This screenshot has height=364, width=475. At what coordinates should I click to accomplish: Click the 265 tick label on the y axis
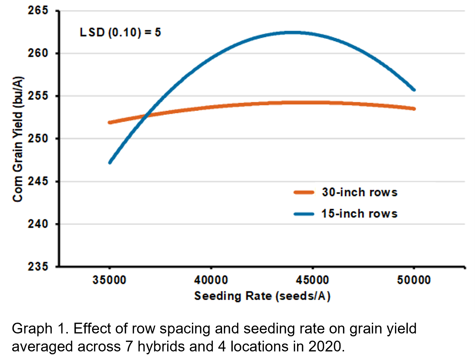coord(38,10)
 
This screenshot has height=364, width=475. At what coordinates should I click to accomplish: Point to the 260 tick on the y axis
coord(38,53)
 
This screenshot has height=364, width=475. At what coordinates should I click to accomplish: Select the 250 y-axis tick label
coord(38,138)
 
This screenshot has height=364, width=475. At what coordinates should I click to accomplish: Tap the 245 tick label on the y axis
coord(38,181)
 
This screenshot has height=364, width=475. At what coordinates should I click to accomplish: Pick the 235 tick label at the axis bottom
coord(38,266)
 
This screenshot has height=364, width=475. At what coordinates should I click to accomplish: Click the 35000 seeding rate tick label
coord(109,280)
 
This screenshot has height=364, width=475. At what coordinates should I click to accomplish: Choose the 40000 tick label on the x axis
coord(211,280)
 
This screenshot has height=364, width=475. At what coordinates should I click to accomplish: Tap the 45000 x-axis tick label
coord(312,280)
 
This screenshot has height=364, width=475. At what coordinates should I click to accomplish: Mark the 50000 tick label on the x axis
coord(414,280)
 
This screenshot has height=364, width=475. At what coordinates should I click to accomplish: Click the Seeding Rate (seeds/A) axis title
coord(262,296)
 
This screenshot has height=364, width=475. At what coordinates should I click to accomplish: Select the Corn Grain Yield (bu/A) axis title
coord(18,139)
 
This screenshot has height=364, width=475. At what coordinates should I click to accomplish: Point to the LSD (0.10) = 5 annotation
coord(120,32)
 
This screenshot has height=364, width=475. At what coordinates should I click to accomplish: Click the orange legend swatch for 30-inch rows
coord(304,192)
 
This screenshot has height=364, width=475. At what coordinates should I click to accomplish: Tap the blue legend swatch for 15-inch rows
coord(304,214)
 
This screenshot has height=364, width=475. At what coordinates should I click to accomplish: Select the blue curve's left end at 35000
coord(110,162)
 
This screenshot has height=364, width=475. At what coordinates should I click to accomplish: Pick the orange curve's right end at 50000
coord(414,109)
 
